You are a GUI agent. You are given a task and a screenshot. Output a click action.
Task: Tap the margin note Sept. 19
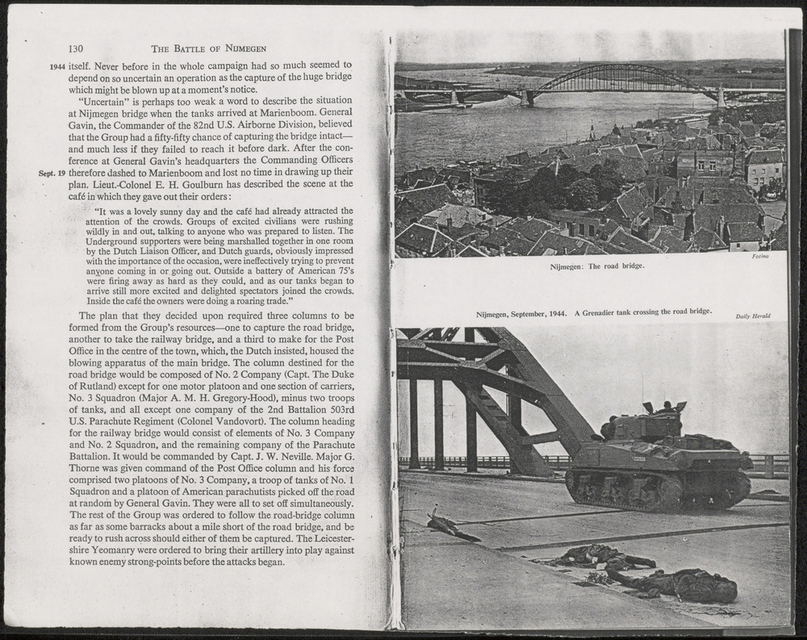(x=51, y=173)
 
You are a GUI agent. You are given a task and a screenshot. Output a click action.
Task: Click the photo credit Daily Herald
(x=752, y=316)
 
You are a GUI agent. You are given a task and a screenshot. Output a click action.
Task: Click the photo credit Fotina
(x=759, y=257)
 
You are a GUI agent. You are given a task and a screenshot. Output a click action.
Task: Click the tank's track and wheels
(x=658, y=491)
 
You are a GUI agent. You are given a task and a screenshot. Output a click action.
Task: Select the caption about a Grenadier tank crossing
(x=593, y=312)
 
